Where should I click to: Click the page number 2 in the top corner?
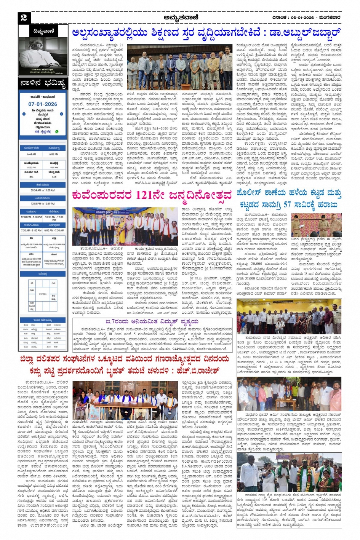24,17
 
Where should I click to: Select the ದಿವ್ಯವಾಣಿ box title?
43,31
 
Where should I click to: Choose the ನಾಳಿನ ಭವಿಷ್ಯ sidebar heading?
43,83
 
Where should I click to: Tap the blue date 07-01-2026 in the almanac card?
43,104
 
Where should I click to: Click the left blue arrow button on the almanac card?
24,113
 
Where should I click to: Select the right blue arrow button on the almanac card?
62,113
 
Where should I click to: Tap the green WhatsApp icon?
57,132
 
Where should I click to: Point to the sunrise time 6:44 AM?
32,154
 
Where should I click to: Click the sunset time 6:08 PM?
54,154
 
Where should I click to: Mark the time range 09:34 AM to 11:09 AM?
43,190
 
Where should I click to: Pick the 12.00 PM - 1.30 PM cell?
32,217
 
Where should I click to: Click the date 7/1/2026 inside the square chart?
43,294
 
